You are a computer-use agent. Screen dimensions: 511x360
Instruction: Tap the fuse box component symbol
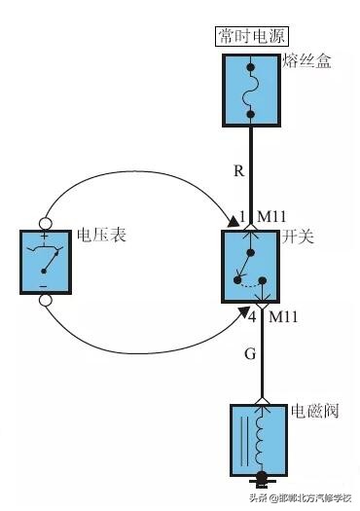click(x=252, y=91)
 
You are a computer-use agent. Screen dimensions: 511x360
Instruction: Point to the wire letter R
click(x=239, y=171)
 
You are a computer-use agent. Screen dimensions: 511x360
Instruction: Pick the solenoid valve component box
click(x=260, y=437)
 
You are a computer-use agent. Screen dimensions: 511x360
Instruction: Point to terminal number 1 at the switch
click(x=243, y=216)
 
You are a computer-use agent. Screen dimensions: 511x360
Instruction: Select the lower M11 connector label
click(x=284, y=317)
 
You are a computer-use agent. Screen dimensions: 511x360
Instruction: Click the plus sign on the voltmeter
click(x=45, y=237)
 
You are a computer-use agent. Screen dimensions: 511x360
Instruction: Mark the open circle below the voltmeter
click(x=45, y=301)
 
